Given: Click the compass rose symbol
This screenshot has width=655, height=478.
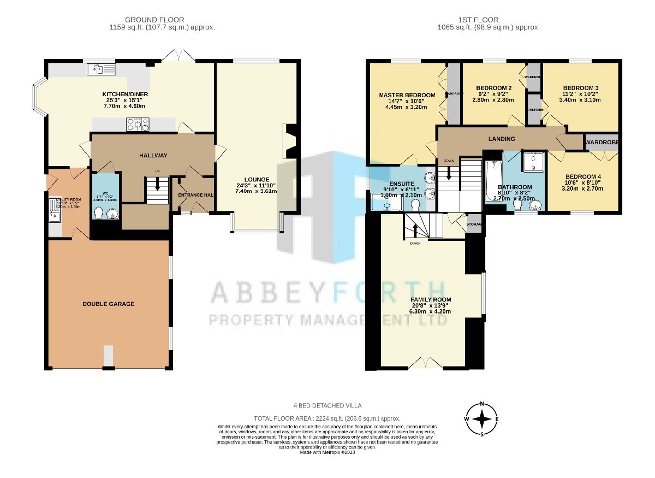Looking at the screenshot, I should click(x=482, y=419).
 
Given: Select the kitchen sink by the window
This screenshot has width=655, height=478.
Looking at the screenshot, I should click(x=101, y=69).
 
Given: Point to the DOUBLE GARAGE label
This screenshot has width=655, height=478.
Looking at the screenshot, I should click(x=109, y=304).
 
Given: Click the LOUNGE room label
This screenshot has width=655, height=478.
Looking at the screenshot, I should click(x=257, y=179).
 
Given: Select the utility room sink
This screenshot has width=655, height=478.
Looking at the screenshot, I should click(x=55, y=217).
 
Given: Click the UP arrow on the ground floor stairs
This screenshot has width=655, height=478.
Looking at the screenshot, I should click(x=157, y=186).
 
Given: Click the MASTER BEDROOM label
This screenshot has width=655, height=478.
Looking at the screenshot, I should click(x=407, y=95).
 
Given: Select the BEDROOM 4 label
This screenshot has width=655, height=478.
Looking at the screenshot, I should click(x=583, y=176).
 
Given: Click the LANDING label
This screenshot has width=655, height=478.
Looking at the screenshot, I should click(x=502, y=139).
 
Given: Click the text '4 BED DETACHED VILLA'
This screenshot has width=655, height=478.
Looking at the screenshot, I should click(x=327, y=405).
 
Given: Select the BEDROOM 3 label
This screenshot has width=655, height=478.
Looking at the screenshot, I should click(x=581, y=88).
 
